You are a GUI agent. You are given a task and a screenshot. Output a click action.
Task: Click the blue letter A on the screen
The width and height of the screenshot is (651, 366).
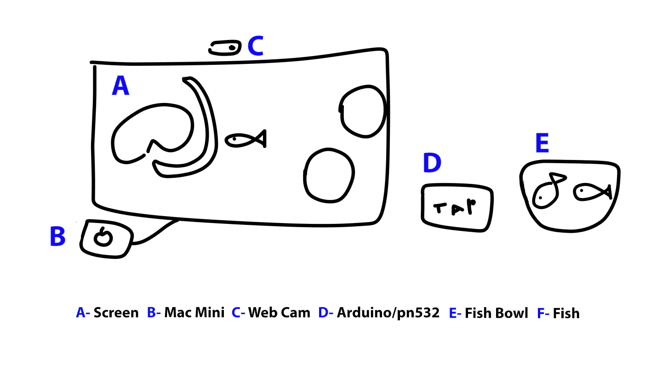[120, 86]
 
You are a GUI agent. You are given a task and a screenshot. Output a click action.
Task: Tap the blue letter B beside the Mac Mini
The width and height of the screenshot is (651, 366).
[57, 237]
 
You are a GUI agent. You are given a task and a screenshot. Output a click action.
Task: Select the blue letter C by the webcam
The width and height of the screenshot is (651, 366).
[255, 46]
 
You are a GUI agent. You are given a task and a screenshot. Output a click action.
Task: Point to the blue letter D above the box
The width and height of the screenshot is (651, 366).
[432, 163]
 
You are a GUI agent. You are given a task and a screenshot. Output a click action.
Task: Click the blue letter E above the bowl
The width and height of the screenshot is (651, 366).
[542, 143]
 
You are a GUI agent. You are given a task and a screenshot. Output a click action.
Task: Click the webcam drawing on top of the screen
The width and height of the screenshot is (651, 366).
[225, 48]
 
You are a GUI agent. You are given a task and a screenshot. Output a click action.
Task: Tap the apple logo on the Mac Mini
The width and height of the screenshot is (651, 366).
[103, 237]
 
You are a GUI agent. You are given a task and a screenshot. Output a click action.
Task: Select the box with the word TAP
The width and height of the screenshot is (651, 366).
[457, 208]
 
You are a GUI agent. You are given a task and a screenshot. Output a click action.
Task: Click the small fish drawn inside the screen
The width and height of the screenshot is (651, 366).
[245, 139]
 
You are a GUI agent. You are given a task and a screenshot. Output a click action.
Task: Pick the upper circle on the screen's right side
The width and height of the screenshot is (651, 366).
[362, 111]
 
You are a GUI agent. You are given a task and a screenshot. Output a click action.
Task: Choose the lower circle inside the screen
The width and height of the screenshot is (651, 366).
[329, 175]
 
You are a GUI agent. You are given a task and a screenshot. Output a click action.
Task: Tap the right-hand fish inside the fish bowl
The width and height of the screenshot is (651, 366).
[592, 192]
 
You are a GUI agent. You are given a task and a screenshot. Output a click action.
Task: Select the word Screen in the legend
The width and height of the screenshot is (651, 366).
[116, 313]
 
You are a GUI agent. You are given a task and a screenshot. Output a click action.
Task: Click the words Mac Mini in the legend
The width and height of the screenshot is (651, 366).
[194, 313]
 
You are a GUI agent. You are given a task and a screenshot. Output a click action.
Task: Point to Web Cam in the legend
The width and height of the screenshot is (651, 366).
[279, 313]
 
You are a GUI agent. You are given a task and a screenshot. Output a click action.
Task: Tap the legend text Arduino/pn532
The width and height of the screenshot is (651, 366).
[388, 313]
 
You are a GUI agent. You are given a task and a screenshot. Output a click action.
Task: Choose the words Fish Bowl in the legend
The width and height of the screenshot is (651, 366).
[496, 313]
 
